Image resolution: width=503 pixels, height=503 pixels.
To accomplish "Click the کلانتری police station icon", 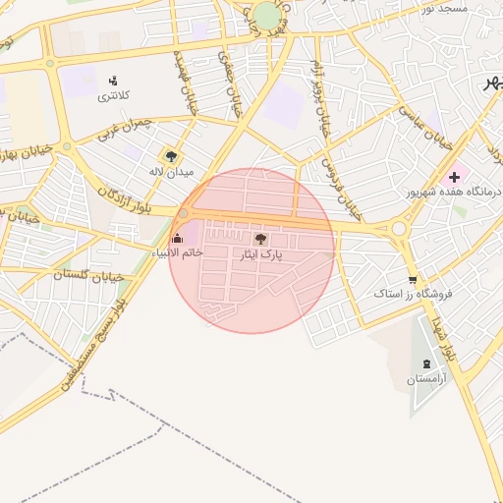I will (x=114, y=81).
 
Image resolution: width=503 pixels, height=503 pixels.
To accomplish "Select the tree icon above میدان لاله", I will (x=172, y=155).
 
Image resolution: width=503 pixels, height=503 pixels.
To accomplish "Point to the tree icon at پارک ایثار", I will (x=260, y=239).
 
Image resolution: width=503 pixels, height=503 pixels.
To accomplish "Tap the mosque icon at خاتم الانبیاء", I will (x=177, y=237).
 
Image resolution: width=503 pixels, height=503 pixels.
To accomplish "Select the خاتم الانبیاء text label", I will (x=177, y=252).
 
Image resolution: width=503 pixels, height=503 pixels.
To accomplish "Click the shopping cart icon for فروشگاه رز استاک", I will (x=412, y=278).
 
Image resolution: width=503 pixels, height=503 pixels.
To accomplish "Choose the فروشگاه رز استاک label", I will (x=412, y=294).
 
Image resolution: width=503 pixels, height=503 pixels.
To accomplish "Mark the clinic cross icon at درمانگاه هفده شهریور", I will (x=454, y=176).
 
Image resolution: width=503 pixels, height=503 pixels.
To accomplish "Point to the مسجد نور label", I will (x=444, y=8).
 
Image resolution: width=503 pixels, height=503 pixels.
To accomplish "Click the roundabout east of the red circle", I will (x=399, y=230).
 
